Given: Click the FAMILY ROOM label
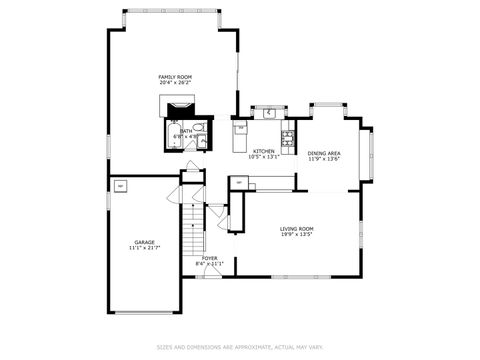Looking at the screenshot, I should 175,77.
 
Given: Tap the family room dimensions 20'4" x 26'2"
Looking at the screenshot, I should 175,84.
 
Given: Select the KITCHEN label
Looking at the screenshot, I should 264,151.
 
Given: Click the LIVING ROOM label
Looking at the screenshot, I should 296,229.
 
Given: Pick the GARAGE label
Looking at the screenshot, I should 145,240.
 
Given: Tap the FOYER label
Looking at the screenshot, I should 210,258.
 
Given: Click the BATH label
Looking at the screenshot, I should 186,130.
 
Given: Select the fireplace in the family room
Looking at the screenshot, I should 180,107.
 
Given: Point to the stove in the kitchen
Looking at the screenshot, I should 288,138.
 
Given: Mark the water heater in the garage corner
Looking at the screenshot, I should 121,185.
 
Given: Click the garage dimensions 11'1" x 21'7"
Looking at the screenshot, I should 145,247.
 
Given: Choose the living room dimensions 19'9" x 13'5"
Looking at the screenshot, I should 296,236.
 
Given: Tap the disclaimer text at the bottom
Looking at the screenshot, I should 240,348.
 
